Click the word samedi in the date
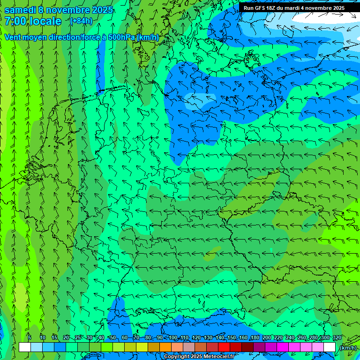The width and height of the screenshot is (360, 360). (19, 10)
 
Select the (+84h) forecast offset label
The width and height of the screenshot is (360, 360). (81, 21)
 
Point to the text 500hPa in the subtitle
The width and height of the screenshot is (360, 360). (121, 37)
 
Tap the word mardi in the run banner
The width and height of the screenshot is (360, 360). (295, 8)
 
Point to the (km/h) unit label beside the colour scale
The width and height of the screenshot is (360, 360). (347, 348)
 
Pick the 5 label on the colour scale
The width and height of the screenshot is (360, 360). (30, 337)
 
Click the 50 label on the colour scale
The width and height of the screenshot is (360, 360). (112, 337)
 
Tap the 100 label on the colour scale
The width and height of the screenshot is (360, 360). (173, 337)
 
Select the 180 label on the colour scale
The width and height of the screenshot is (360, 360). (255, 337)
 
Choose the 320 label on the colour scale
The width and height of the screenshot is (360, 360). (337, 337)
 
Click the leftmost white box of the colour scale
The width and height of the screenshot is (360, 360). (25, 347)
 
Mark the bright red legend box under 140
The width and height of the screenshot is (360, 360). (224, 347)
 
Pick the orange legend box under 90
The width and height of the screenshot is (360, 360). (165, 347)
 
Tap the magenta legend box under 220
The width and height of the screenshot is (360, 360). (283, 347)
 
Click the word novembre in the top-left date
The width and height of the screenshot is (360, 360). (69, 10)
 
